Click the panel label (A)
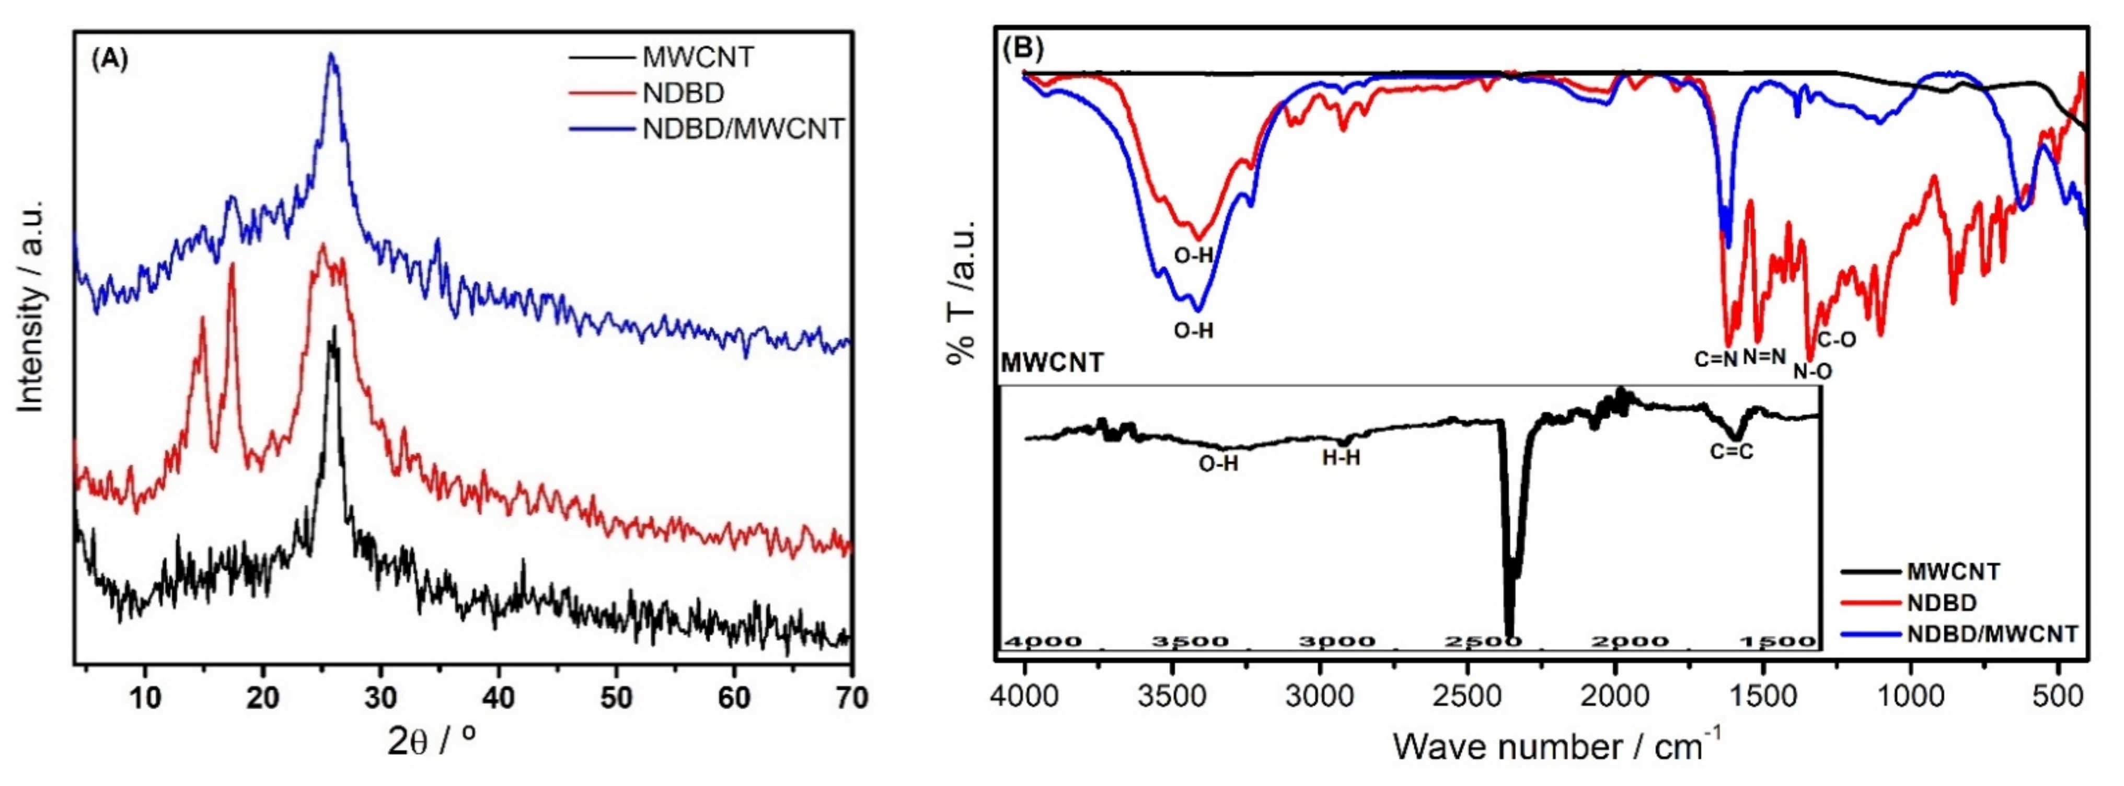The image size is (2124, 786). (x=110, y=60)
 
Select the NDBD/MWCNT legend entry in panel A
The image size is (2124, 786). (x=743, y=129)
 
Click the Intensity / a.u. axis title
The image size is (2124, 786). (x=30, y=305)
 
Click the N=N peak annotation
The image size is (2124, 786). (x=1764, y=356)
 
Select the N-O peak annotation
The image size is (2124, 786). (x=1813, y=372)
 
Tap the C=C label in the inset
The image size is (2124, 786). (x=1731, y=451)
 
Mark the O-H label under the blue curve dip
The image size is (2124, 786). (x=1193, y=331)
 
